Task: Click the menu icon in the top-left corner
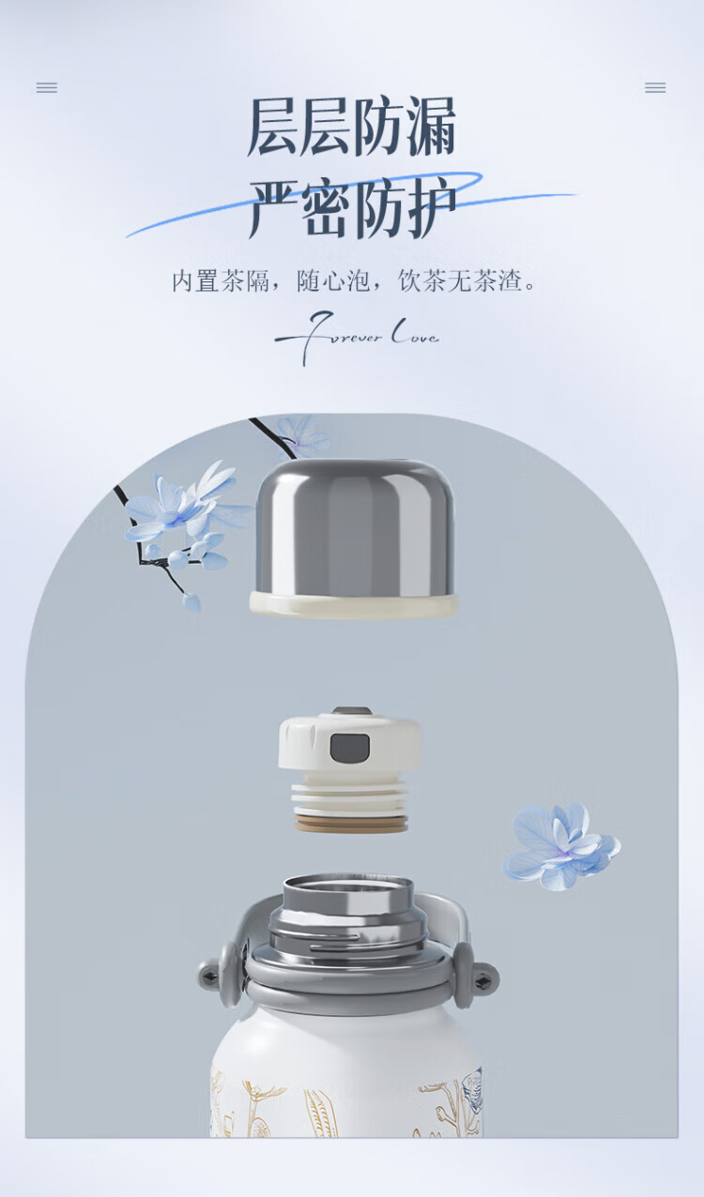(47, 87)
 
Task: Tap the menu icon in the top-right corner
(655, 87)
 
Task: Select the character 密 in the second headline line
(326, 208)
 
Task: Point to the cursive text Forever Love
(357, 336)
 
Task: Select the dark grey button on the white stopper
(349, 748)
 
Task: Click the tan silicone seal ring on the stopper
(352, 824)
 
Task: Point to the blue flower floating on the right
(561, 847)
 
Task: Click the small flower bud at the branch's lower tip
(191, 601)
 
